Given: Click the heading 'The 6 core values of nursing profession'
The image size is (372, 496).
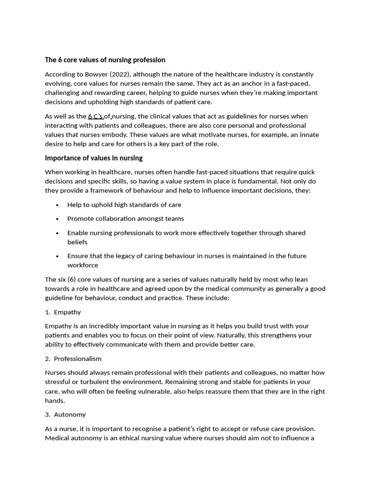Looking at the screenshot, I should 105,60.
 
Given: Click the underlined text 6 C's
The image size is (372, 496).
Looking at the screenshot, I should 95,116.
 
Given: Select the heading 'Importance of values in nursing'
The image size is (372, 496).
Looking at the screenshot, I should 93,158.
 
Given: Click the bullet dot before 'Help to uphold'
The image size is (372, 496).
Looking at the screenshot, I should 57,205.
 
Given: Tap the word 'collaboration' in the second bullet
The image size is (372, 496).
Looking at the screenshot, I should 116,219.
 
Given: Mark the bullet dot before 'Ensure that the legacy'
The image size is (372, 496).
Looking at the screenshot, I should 57,256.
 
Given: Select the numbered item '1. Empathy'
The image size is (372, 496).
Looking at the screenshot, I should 63,312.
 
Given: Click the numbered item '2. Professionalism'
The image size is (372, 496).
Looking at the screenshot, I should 73,359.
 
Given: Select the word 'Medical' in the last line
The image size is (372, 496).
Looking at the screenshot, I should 58,438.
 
